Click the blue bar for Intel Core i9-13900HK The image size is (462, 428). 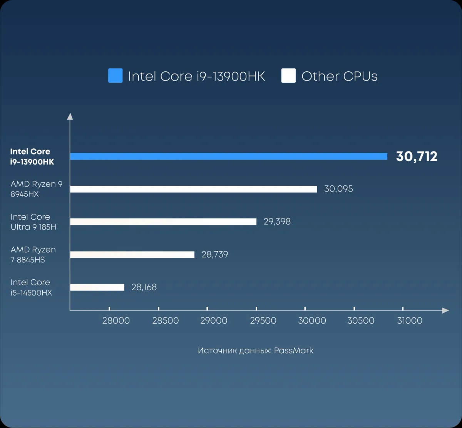[229, 156]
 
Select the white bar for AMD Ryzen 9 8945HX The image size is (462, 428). [194, 189]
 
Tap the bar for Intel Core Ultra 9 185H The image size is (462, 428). [163, 222]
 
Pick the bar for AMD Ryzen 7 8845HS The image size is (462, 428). [132, 255]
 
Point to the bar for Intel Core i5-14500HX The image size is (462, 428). [97, 287]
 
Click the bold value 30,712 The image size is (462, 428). [417, 156]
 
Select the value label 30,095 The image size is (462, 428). [338, 189]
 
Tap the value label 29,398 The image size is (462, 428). [277, 222]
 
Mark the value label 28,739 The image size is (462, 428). [215, 254]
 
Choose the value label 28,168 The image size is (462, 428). [144, 287]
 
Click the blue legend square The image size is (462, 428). [115, 76]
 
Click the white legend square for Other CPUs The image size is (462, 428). [288, 76]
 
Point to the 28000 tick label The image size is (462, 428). [116, 321]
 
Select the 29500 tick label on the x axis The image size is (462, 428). [263, 321]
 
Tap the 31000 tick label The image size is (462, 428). [410, 321]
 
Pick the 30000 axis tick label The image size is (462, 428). [312, 321]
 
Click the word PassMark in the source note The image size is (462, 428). [294, 351]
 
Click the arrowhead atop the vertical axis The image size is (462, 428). [70, 116]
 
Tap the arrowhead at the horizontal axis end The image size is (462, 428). [445, 311]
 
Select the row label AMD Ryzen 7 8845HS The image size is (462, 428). [33, 255]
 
